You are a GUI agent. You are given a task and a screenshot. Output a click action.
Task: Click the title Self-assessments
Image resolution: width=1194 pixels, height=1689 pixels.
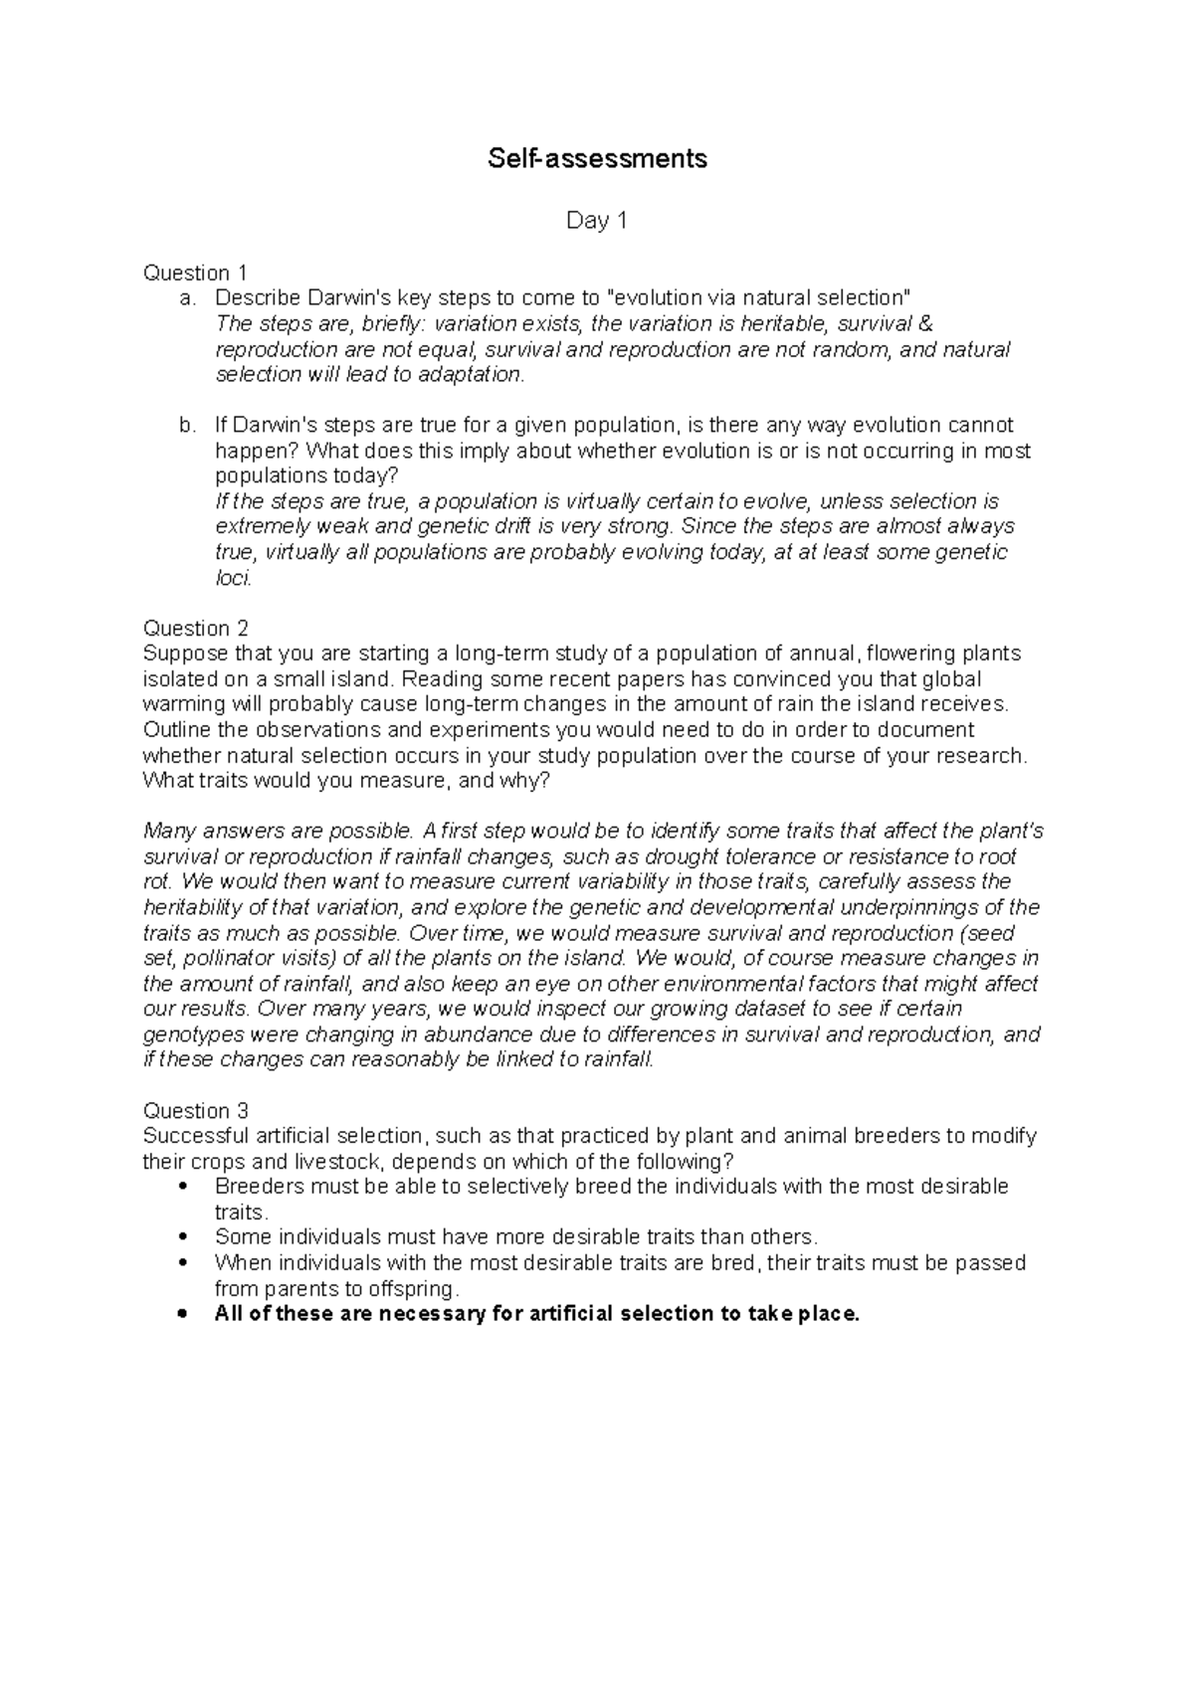pos(597,158)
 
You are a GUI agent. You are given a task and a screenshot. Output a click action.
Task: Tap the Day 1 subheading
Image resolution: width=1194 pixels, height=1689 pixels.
pos(597,221)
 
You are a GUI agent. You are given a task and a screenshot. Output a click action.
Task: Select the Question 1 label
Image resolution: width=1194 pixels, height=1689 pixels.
pos(195,273)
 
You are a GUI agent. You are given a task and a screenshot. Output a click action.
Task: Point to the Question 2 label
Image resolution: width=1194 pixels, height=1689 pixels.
pos(195,628)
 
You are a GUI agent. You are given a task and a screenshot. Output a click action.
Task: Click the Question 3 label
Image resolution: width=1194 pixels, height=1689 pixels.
pos(195,1110)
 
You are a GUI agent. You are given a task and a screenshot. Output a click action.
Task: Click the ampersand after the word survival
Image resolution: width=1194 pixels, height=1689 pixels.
pos(928,323)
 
